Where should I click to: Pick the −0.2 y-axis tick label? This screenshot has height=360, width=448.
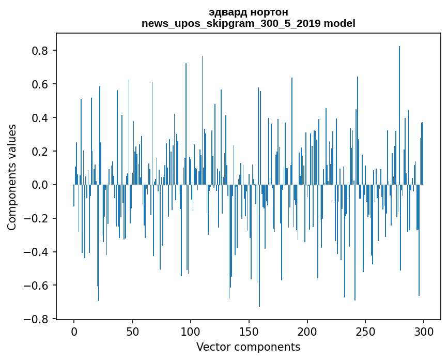click(x=38, y=218)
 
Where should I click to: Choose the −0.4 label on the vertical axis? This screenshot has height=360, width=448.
click(x=38, y=252)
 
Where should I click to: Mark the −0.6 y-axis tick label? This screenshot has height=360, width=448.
click(x=38, y=286)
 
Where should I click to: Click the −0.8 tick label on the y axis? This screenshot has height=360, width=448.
click(x=38, y=319)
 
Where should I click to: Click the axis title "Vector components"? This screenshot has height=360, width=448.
click(x=248, y=347)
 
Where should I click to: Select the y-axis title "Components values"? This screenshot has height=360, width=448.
click(x=12, y=177)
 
